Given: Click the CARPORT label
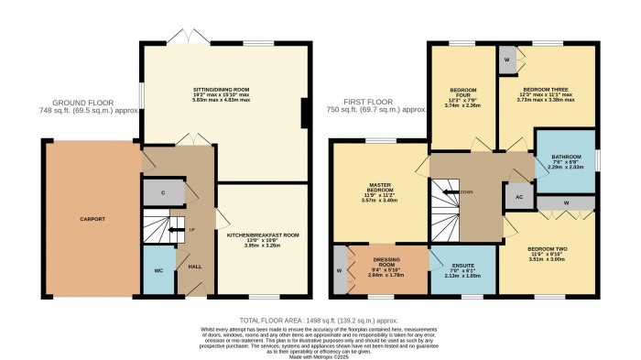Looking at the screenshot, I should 92,219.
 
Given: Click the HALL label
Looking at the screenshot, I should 194,267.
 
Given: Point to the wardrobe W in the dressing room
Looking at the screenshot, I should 340,270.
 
